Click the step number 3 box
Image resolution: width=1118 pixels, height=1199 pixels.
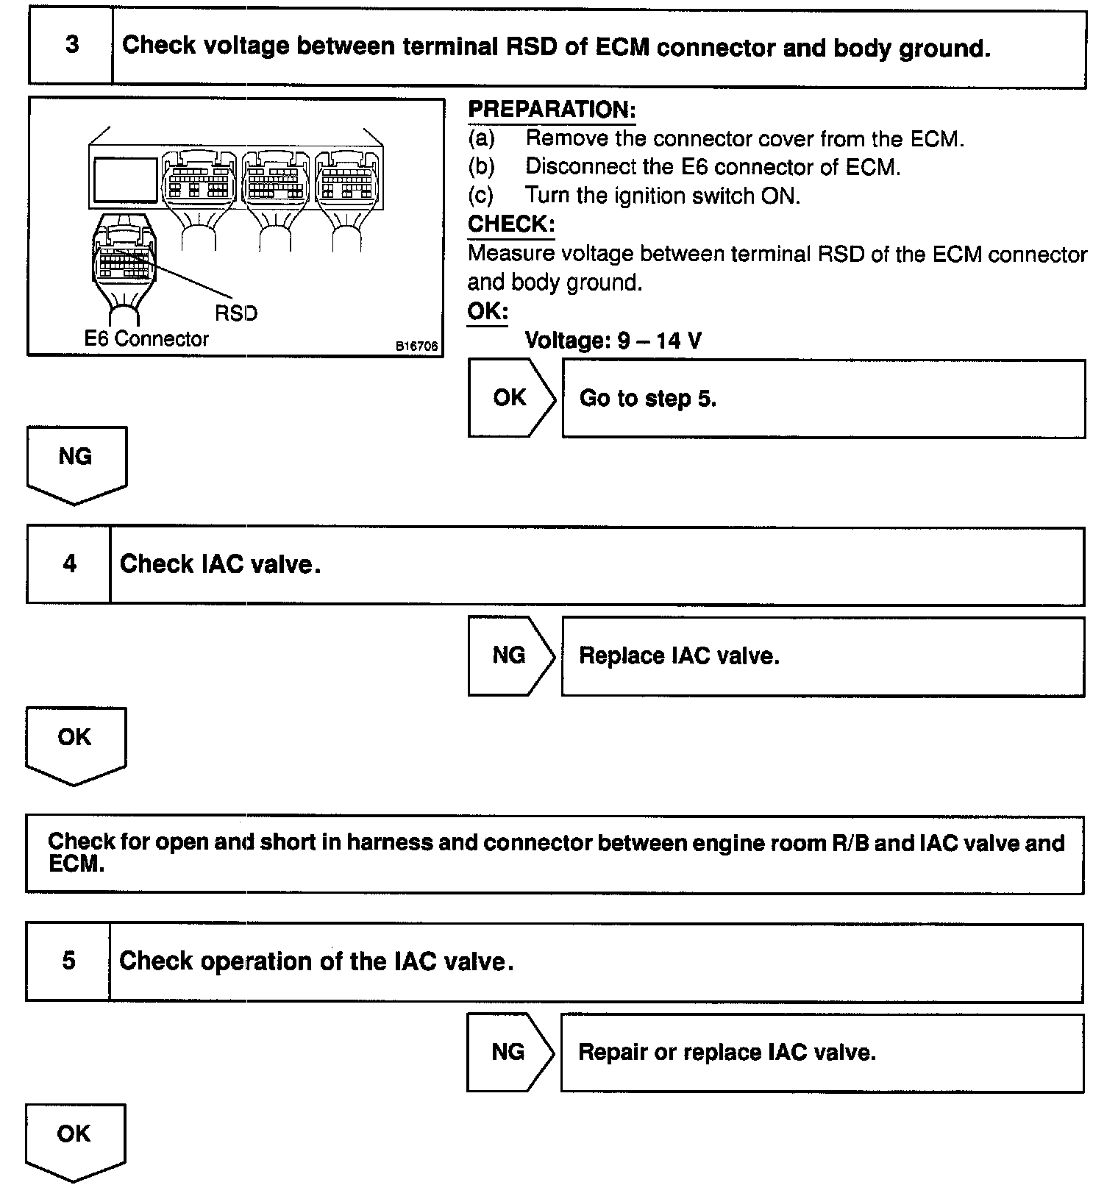tap(71, 46)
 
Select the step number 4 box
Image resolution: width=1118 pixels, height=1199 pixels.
tap(69, 565)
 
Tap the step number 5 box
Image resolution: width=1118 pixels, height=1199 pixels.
tap(68, 961)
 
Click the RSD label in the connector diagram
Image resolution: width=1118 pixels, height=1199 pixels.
tap(236, 313)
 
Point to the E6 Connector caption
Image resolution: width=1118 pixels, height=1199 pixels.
tap(146, 339)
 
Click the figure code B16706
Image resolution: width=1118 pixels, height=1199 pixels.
tap(416, 346)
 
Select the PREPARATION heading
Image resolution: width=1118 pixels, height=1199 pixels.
tap(552, 110)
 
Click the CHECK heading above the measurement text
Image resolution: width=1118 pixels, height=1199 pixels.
tap(511, 224)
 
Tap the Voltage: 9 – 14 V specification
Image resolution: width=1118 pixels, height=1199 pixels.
tap(613, 341)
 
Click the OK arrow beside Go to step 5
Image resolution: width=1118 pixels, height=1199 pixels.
tap(510, 398)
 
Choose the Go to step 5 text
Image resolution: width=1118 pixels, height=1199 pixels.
tap(647, 399)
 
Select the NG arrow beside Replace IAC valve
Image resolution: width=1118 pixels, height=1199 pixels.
tap(510, 655)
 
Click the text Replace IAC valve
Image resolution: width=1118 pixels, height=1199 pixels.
tap(679, 655)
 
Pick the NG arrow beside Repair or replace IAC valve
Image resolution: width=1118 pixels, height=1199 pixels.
tap(508, 1052)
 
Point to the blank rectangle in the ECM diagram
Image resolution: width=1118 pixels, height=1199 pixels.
tap(125, 179)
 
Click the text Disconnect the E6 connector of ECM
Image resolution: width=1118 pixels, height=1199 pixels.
tap(712, 167)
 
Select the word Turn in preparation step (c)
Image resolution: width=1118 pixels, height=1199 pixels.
tap(544, 196)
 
